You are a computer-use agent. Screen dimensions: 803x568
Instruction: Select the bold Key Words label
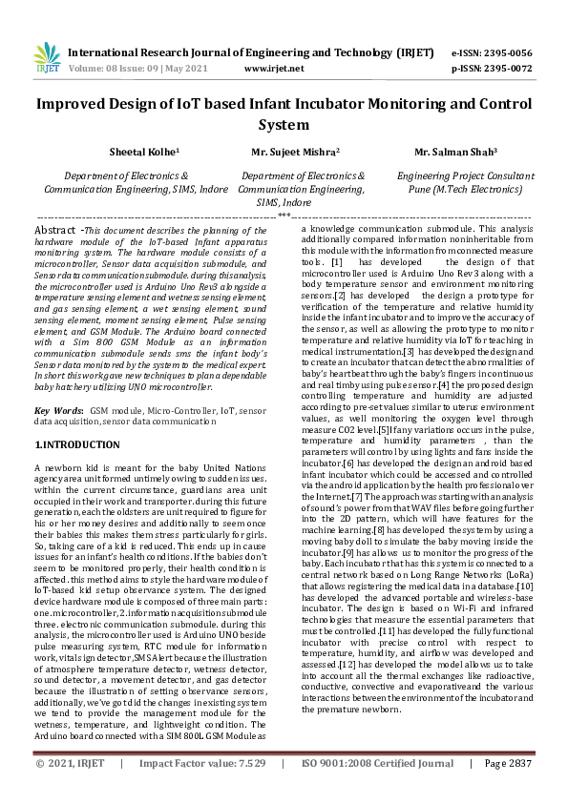pos(55,409)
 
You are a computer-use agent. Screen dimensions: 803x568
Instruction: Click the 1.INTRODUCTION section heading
pos(78,444)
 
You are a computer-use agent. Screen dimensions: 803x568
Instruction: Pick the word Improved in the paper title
pos(76,105)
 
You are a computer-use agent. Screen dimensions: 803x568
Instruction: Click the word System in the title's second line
pos(284,125)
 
